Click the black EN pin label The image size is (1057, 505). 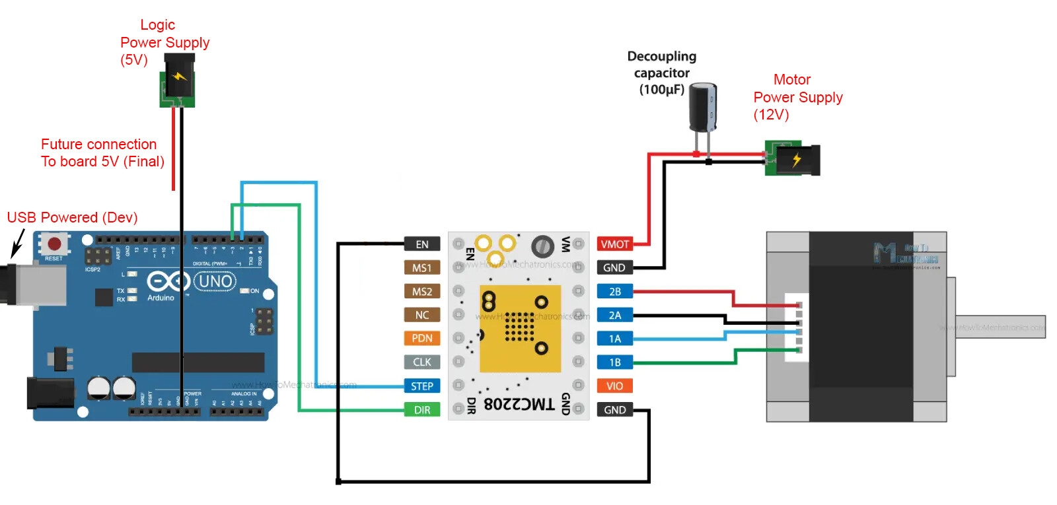click(x=421, y=244)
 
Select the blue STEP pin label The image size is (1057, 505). click(x=421, y=386)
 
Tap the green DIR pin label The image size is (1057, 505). click(x=421, y=410)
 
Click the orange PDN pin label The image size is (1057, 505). click(x=421, y=339)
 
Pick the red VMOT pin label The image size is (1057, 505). click(x=614, y=244)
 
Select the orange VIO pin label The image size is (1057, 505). click(x=614, y=386)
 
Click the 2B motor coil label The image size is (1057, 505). click(x=614, y=292)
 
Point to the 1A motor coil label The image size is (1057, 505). click(x=614, y=339)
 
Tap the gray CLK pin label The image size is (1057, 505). click(x=421, y=362)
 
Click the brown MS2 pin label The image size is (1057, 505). click(x=421, y=292)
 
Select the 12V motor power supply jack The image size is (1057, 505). click(x=793, y=159)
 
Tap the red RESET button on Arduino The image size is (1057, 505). click(x=54, y=244)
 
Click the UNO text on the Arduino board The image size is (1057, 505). click(x=215, y=282)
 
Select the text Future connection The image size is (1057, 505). click(x=98, y=144)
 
